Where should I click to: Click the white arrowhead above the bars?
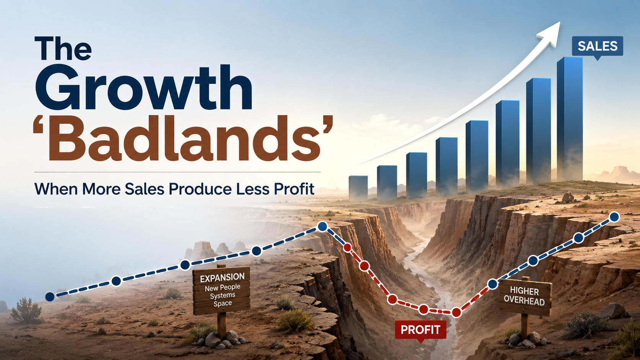pyautogui.click(x=550, y=34)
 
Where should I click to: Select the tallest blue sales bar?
pyautogui.click(x=570, y=119)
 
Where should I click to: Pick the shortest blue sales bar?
pyautogui.click(x=358, y=188)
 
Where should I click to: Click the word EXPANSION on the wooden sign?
pyautogui.click(x=222, y=277)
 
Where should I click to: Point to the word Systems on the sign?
pyautogui.click(x=222, y=295)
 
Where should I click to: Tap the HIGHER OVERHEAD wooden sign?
pyautogui.click(x=524, y=296)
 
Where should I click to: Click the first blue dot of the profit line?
pyautogui.click(x=50, y=297)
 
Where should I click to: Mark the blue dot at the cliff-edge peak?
pyautogui.click(x=323, y=226)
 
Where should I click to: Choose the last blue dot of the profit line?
pyautogui.click(x=614, y=217)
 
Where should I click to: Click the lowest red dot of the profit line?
pyautogui.click(x=456, y=312)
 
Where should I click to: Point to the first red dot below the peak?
pyautogui.click(x=347, y=248)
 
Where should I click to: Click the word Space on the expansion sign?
pyautogui.click(x=223, y=303)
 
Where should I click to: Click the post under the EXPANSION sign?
pyautogui.click(x=222, y=325)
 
